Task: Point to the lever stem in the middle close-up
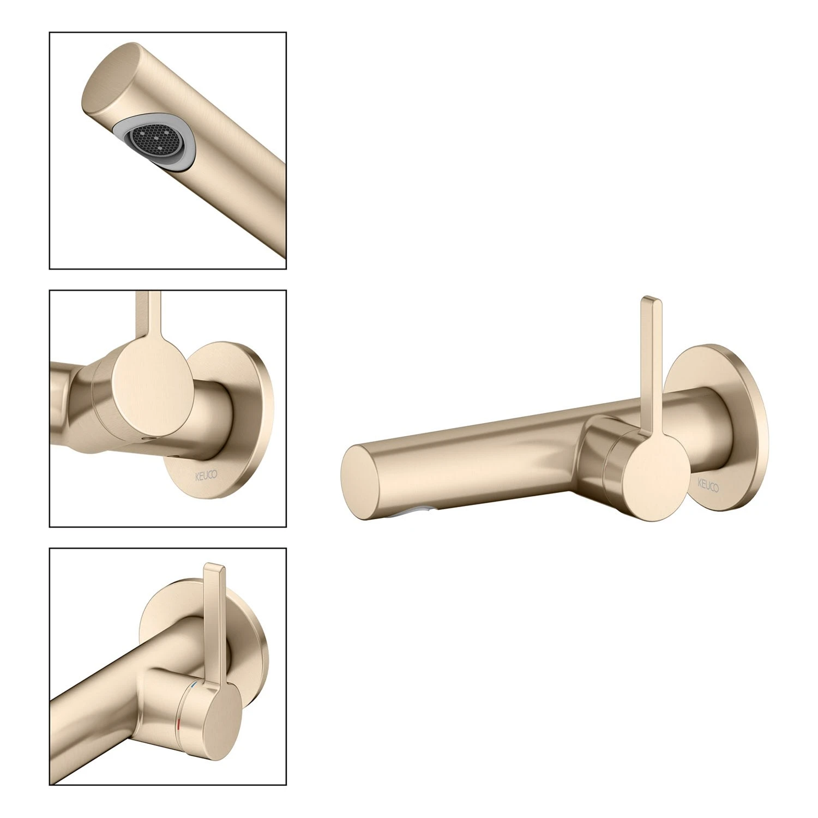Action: (148, 322)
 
